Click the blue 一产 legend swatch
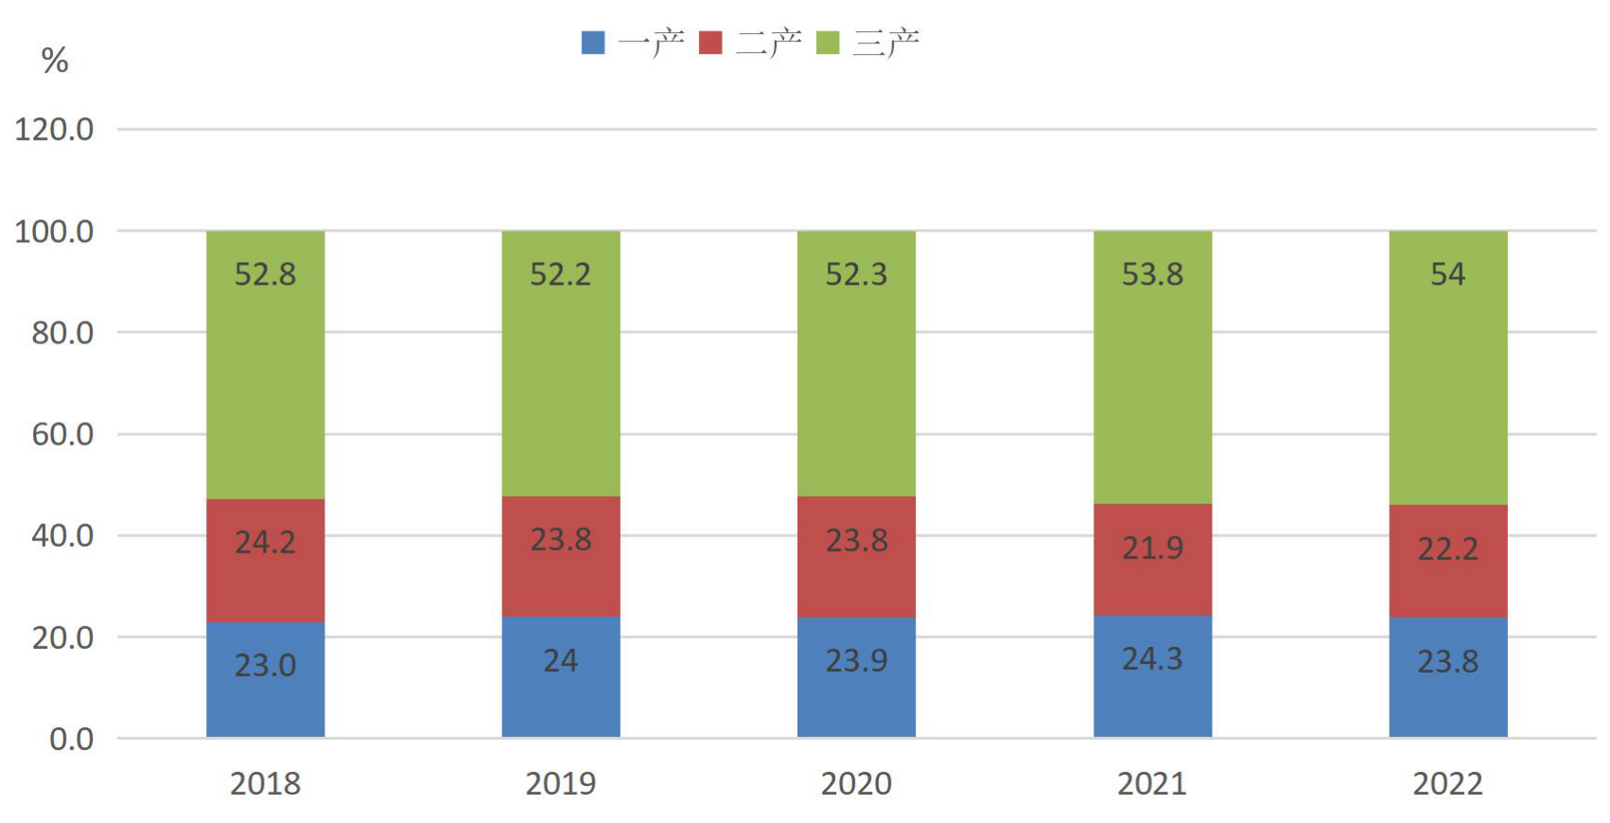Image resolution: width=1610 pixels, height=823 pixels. tap(593, 43)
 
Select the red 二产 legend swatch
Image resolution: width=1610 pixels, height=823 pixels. tap(710, 43)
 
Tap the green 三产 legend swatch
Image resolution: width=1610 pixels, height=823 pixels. tap(828, 43)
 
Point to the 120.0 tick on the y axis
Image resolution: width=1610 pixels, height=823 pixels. tap(54, 131)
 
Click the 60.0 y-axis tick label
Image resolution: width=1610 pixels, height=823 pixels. tap(62, 434)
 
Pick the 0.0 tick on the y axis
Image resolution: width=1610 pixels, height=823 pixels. tap(71, 739)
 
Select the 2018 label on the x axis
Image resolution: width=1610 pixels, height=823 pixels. tap(265, 783)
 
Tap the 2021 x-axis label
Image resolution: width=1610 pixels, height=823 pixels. tap(1152, 783)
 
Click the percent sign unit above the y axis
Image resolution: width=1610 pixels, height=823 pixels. tap(55, 61)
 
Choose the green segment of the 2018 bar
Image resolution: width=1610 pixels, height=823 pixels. tap(265, 365)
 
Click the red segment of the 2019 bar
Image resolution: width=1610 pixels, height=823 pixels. tap(561, 556)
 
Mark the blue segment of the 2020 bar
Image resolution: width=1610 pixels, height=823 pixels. tap(856, 677)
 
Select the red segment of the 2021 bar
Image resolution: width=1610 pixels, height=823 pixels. tap(1152, 559)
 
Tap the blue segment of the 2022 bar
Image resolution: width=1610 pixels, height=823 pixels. tap(1447, 677)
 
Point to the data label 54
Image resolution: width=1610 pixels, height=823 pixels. tap(1447, 273)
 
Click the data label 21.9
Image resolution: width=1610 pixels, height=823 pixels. tap(1152, 549)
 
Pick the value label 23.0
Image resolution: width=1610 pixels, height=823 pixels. tap(265, 666)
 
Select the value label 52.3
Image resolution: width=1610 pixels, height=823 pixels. tap(856, 274)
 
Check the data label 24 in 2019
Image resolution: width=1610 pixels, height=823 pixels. tap(561, 660)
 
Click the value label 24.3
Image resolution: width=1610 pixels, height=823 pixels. tap(1152, 659)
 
